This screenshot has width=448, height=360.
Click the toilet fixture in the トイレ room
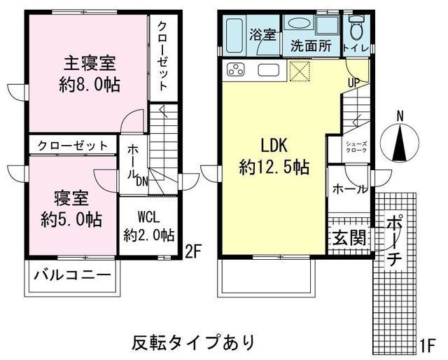(356, 27)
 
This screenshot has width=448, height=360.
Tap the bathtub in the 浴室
(234, 35)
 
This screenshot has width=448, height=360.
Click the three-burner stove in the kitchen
(236, 69)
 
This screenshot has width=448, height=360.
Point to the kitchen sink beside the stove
(268, 70)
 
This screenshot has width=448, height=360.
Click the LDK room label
(274, 146)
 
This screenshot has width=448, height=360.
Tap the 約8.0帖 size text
(90, 85)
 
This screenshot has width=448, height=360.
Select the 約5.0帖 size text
(71, 219)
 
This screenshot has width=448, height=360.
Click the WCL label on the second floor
(148, 218)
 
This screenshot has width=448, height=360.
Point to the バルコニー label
(72, 275)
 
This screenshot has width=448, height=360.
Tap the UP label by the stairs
(353, 83)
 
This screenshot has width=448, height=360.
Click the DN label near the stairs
(142, 181)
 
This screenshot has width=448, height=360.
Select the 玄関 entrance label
(349, 237)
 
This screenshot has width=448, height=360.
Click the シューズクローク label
(356, 147)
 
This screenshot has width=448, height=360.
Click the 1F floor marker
(428, 345)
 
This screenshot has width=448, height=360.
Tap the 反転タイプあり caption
(193, 342)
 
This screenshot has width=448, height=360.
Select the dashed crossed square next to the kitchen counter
(299, 71)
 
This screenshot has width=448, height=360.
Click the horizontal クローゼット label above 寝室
(73, 146)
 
